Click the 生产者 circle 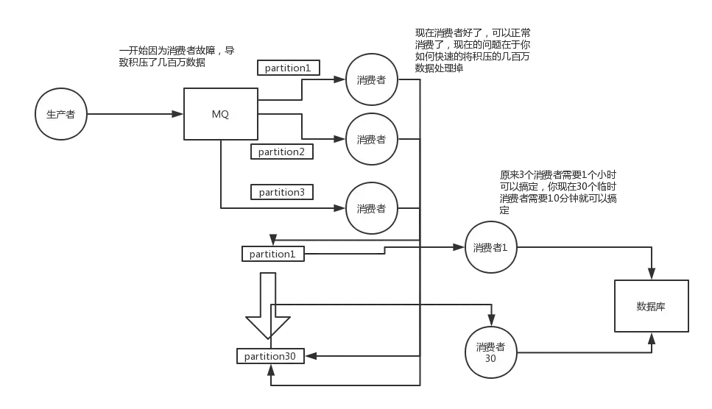pos(60,115)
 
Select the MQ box pos(221,114)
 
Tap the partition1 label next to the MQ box pos(288,68)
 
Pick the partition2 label pos(281,152)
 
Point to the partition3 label pos(281,192)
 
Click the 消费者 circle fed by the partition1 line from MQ pos(371,80)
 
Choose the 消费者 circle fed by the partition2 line pos(371,139)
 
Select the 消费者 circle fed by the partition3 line pos(371,208)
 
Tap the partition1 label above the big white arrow pos(272,254)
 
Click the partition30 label pos(270,356)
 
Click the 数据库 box pos(651,306)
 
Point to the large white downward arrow pos(267,306)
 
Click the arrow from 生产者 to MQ pos(133,115)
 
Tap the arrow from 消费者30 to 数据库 pos(589,352)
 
